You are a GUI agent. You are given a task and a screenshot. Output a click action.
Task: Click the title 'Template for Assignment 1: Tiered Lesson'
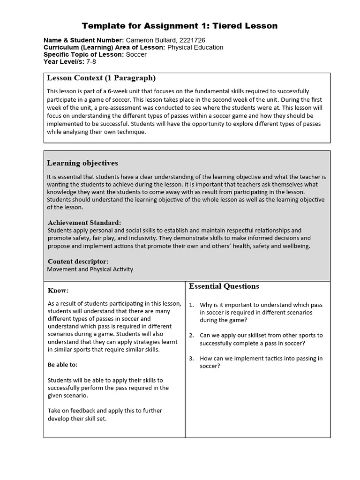click(180, 26)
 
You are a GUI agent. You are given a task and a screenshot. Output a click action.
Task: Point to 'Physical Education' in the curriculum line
click(195, 47)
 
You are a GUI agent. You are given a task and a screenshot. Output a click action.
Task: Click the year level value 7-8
click(91, 61)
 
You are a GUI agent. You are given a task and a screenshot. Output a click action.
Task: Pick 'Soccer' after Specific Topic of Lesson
click(136, 54)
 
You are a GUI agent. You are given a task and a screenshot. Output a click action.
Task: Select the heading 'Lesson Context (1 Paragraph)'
click(101, 78)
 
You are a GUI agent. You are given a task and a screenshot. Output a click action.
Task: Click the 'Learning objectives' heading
click(82, 163)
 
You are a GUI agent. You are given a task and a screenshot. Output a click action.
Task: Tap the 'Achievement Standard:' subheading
click(84, 223)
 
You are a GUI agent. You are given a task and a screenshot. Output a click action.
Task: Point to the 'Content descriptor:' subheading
click(78, 261)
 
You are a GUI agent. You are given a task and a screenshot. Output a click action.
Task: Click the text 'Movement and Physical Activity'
click(90, 269)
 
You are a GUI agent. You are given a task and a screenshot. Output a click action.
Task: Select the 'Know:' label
click(58, 291)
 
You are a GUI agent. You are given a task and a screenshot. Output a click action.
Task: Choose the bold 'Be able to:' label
click(63, 365)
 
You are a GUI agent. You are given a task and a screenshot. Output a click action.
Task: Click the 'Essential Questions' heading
click(224, 286)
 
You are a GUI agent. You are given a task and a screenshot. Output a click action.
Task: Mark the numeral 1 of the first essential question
click(191, 305)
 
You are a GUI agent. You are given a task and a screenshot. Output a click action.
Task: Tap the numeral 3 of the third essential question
click(191, 359)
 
